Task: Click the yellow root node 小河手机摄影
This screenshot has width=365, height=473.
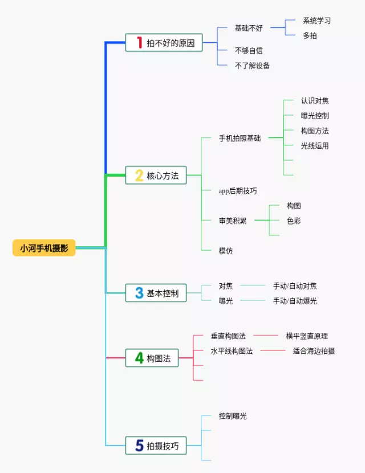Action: pyautogui.click(x=44, y=248)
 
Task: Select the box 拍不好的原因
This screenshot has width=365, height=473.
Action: pyautogui.click(x=164, y=43)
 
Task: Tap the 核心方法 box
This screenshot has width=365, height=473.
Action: pyautogui.click(x=156, y=176)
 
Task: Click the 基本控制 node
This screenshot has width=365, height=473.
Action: pyautogui.click(x=156, y=293)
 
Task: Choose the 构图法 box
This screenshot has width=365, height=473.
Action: pyautogui.click(x=152, y=358)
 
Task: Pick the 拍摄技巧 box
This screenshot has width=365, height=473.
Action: pyautogui.click(x=156, y=446)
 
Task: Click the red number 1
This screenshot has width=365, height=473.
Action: pyautogui.click(x=139, y=43)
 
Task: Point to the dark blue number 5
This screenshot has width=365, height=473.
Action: pyautogui.click(x=139, y=446)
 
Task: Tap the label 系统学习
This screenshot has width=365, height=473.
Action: pyautogui.click(x=317, y=21)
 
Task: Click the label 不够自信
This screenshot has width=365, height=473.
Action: pyautogui.click(x=249, y=51)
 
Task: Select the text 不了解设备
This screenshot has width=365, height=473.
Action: pyautogui.click(x=252, y=66)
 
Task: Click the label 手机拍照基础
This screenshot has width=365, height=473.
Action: pyautogui.click(x=240, y=138)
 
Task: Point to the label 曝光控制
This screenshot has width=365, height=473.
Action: pyautogui.click(x=315, y=116)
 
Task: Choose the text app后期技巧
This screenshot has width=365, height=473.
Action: pyautogui.click(x=238, y=191)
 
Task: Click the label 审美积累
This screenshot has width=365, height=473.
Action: pyautogui.click(x=233, y=221)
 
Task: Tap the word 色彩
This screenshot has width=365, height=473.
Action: pyautogui.click(x=294, y=221)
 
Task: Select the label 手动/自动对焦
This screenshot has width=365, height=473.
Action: pyautogui.click(x=295, y=286)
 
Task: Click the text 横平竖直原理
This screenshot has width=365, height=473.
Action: pyautogui.click(x=307, y=336)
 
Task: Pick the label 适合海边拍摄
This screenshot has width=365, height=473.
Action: pyautogui.click(x=314, y=351)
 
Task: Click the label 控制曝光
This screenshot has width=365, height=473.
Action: pyautogui.click(x=233, y=417)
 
